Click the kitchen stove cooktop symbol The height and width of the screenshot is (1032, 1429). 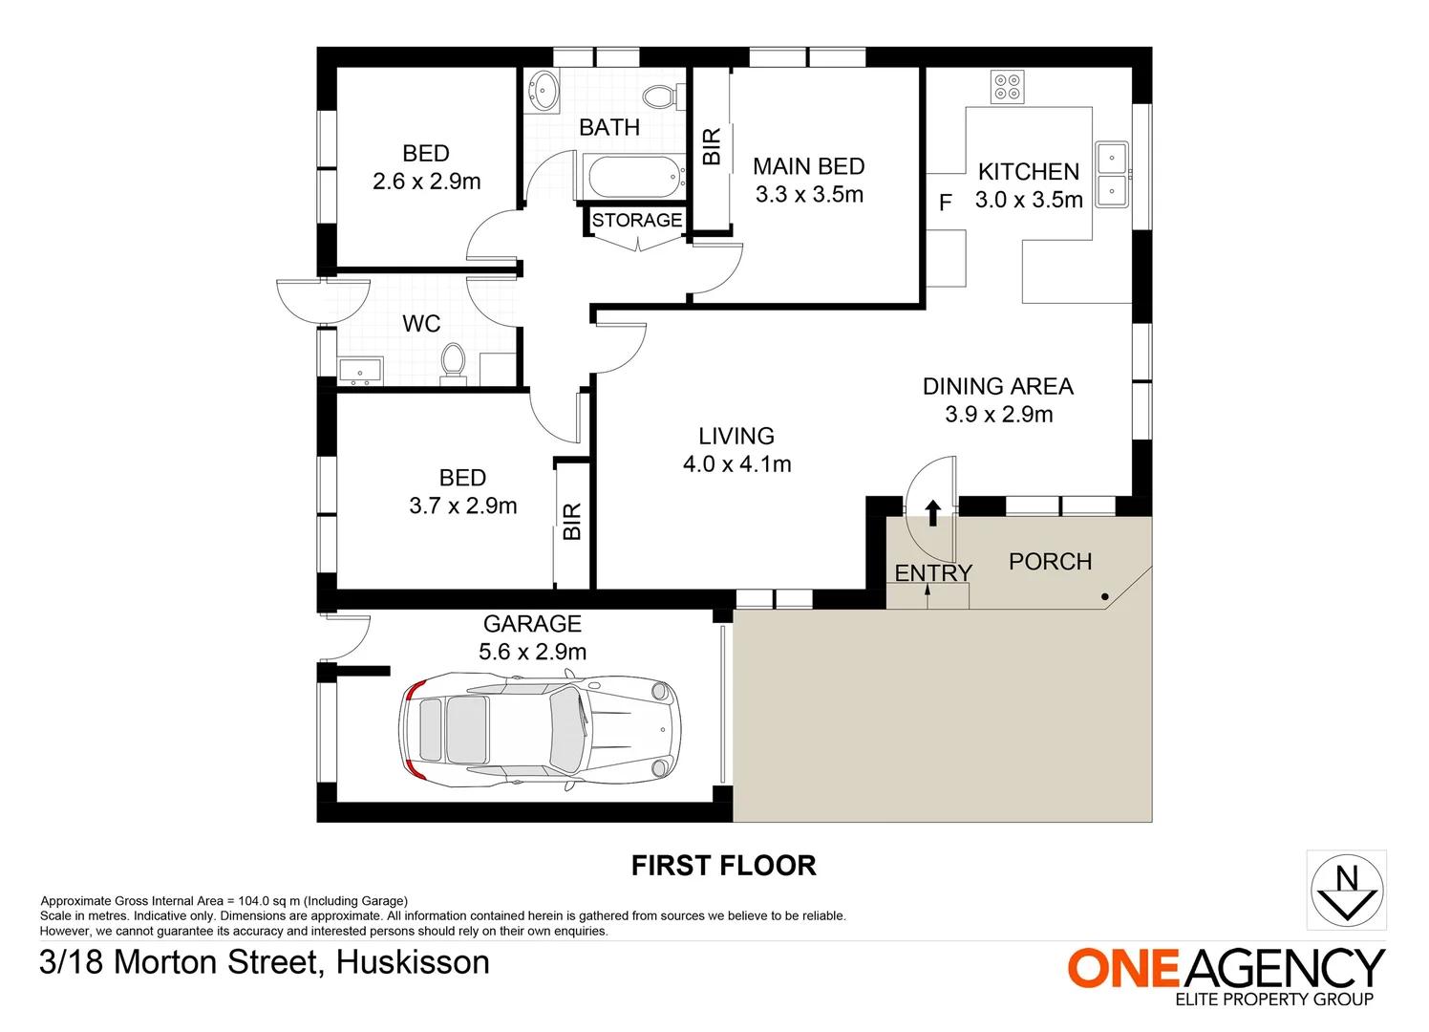1008,87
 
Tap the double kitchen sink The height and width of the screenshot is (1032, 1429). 1111,175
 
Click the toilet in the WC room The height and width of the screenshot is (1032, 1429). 453,361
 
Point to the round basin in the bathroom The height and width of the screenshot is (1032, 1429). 544,92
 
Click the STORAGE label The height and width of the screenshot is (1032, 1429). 637,221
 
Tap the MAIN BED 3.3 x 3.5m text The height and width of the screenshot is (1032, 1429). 809,181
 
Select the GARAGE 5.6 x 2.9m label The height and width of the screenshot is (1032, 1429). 532,637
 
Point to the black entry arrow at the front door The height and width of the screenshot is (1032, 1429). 933,513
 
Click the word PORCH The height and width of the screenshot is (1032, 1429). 1050,562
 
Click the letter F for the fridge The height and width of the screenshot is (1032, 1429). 946,203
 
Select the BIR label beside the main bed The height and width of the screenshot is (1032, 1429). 712,147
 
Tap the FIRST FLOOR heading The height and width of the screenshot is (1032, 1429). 723,866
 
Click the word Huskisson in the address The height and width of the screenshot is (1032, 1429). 413,962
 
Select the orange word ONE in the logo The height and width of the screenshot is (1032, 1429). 1123,969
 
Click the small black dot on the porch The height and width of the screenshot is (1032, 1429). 1105,597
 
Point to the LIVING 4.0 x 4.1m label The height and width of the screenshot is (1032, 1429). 736,450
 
